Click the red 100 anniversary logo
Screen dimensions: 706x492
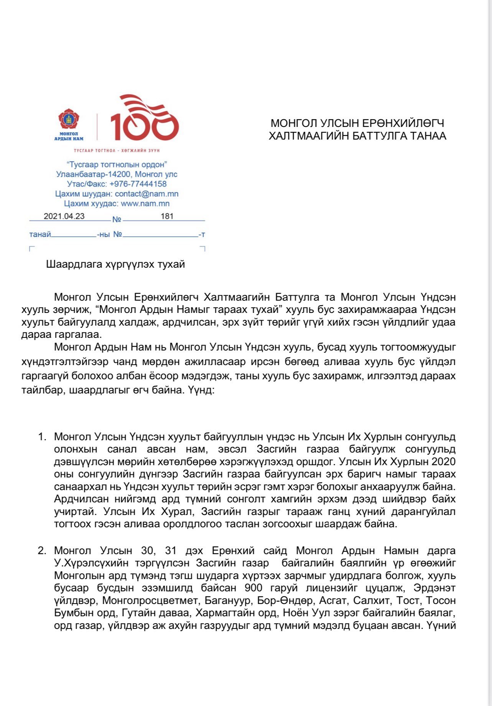point(145,119)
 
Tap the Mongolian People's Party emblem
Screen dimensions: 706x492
point(69,119)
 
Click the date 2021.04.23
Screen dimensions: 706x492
point(64,216)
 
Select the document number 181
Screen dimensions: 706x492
point(167,216)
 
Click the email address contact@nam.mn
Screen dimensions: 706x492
point(146,194)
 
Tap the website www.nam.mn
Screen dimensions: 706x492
point(145,204)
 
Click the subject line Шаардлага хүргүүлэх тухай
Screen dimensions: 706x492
point(115,264)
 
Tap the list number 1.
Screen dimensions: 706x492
point(42,437)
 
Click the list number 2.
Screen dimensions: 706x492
point(42,551)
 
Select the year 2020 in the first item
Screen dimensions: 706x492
point(444,461)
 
